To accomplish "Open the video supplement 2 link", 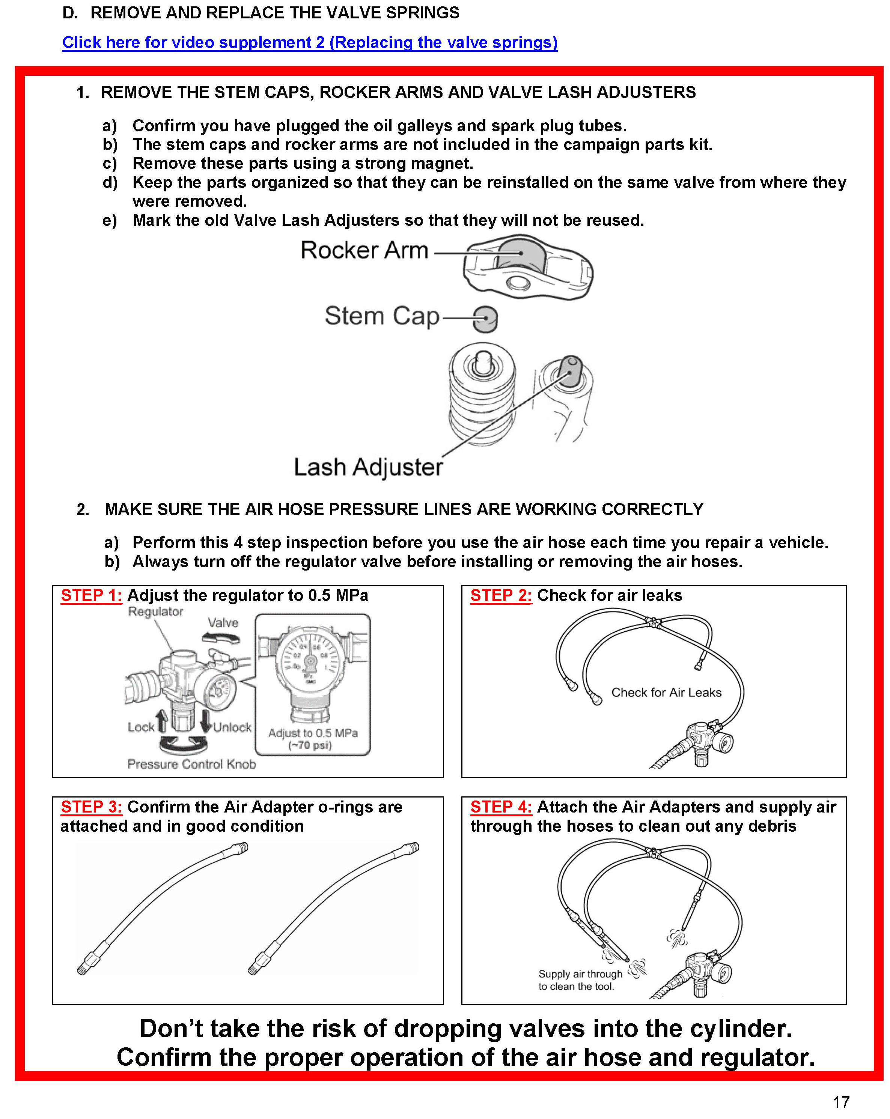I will coord(309,42).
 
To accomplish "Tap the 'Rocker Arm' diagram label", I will coord(364,250).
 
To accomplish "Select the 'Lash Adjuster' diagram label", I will coord(368,467).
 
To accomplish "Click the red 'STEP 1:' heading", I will coord(91,595).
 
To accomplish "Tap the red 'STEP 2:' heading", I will coord(501,595).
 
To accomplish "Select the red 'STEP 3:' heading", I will coord(91,807).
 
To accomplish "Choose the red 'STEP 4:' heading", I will coord(501,807).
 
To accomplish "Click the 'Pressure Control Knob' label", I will coord(191,764).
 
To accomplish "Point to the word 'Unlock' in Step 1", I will coord(232,727).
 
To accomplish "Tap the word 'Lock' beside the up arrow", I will coord(141,727).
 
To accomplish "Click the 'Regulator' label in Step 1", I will coord(155,612).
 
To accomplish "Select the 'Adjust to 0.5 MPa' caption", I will coord(313,733).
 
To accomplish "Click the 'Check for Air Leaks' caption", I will coord(666,692).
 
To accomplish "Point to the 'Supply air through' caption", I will coord(580,974).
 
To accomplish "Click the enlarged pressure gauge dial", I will coord(310,661).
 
